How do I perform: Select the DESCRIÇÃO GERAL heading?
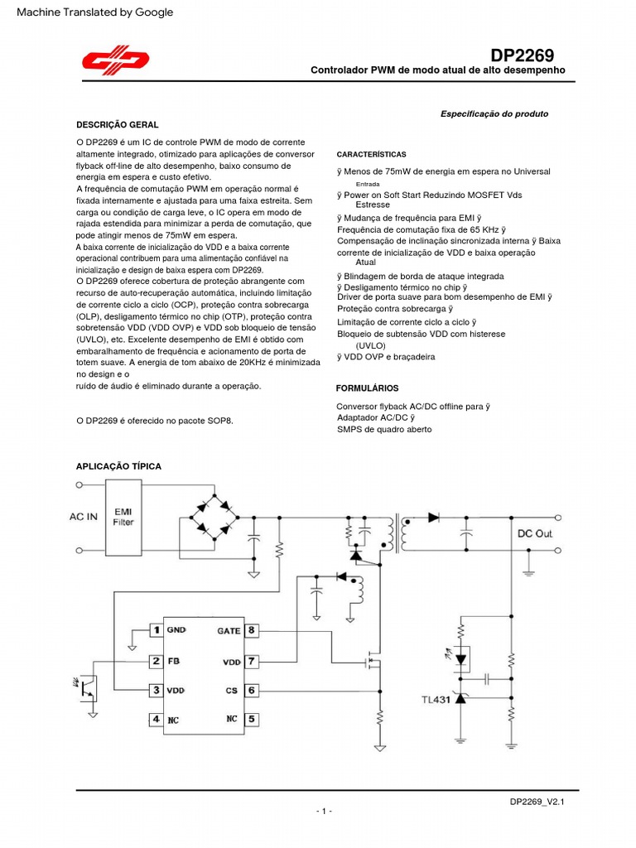pos(117,124)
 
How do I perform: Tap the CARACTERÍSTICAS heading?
pos(371,155)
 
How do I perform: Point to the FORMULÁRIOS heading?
pos(367,388)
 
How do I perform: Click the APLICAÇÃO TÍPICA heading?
pos(118,466)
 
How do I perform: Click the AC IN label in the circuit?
pos(83,517)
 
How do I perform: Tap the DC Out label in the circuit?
pos(534,533)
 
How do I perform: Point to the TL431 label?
pos(435,699)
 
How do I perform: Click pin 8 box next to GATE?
pos(252,630)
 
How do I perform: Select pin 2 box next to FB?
pos(155,661)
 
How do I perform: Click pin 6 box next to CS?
pos(252,690)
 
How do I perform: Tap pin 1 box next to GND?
pos(155,630)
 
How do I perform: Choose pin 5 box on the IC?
pos(252,719)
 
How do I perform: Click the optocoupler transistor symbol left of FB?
pos(87,687)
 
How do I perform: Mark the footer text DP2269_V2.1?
pos(542,802)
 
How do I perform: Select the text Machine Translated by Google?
pos(94,12)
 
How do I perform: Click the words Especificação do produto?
pos(494,113)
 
